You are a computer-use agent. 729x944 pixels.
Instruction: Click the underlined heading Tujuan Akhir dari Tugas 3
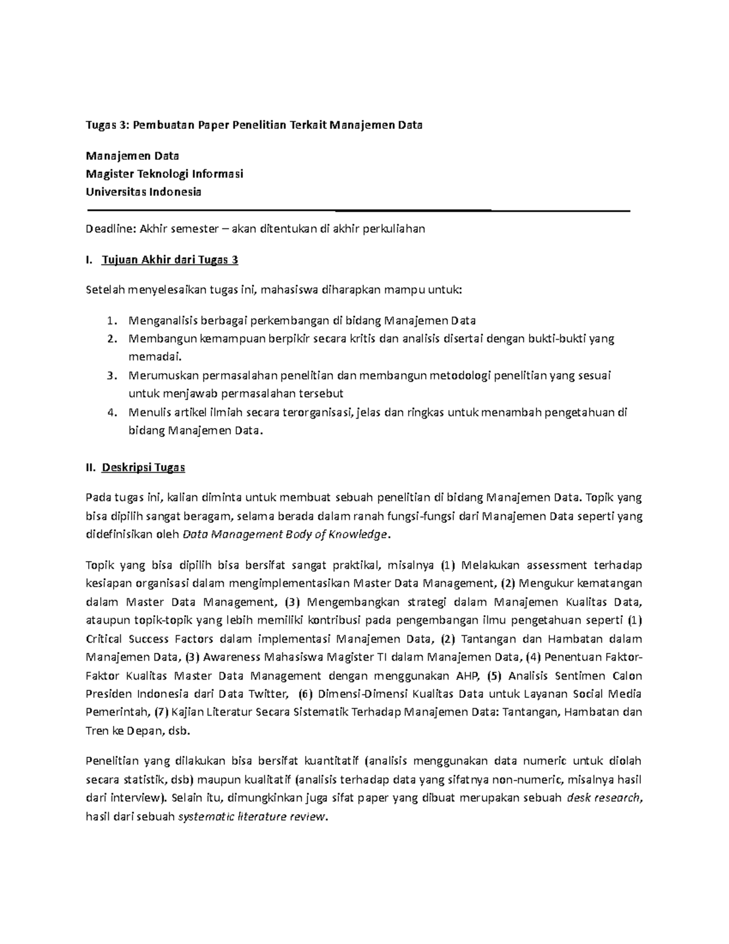[x=170, y=260]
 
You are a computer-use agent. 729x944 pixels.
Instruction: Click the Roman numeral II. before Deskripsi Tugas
[x=91, y=468]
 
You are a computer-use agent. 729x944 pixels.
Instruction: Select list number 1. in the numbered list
[x=110, y=320]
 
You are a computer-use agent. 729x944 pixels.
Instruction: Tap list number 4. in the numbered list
[x=110, y=412]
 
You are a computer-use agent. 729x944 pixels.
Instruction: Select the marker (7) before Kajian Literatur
[x=160, y=712]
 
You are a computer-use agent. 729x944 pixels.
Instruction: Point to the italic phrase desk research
[x=603, y=798]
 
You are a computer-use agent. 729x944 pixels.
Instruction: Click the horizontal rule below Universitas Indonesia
[x=358, y=210]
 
